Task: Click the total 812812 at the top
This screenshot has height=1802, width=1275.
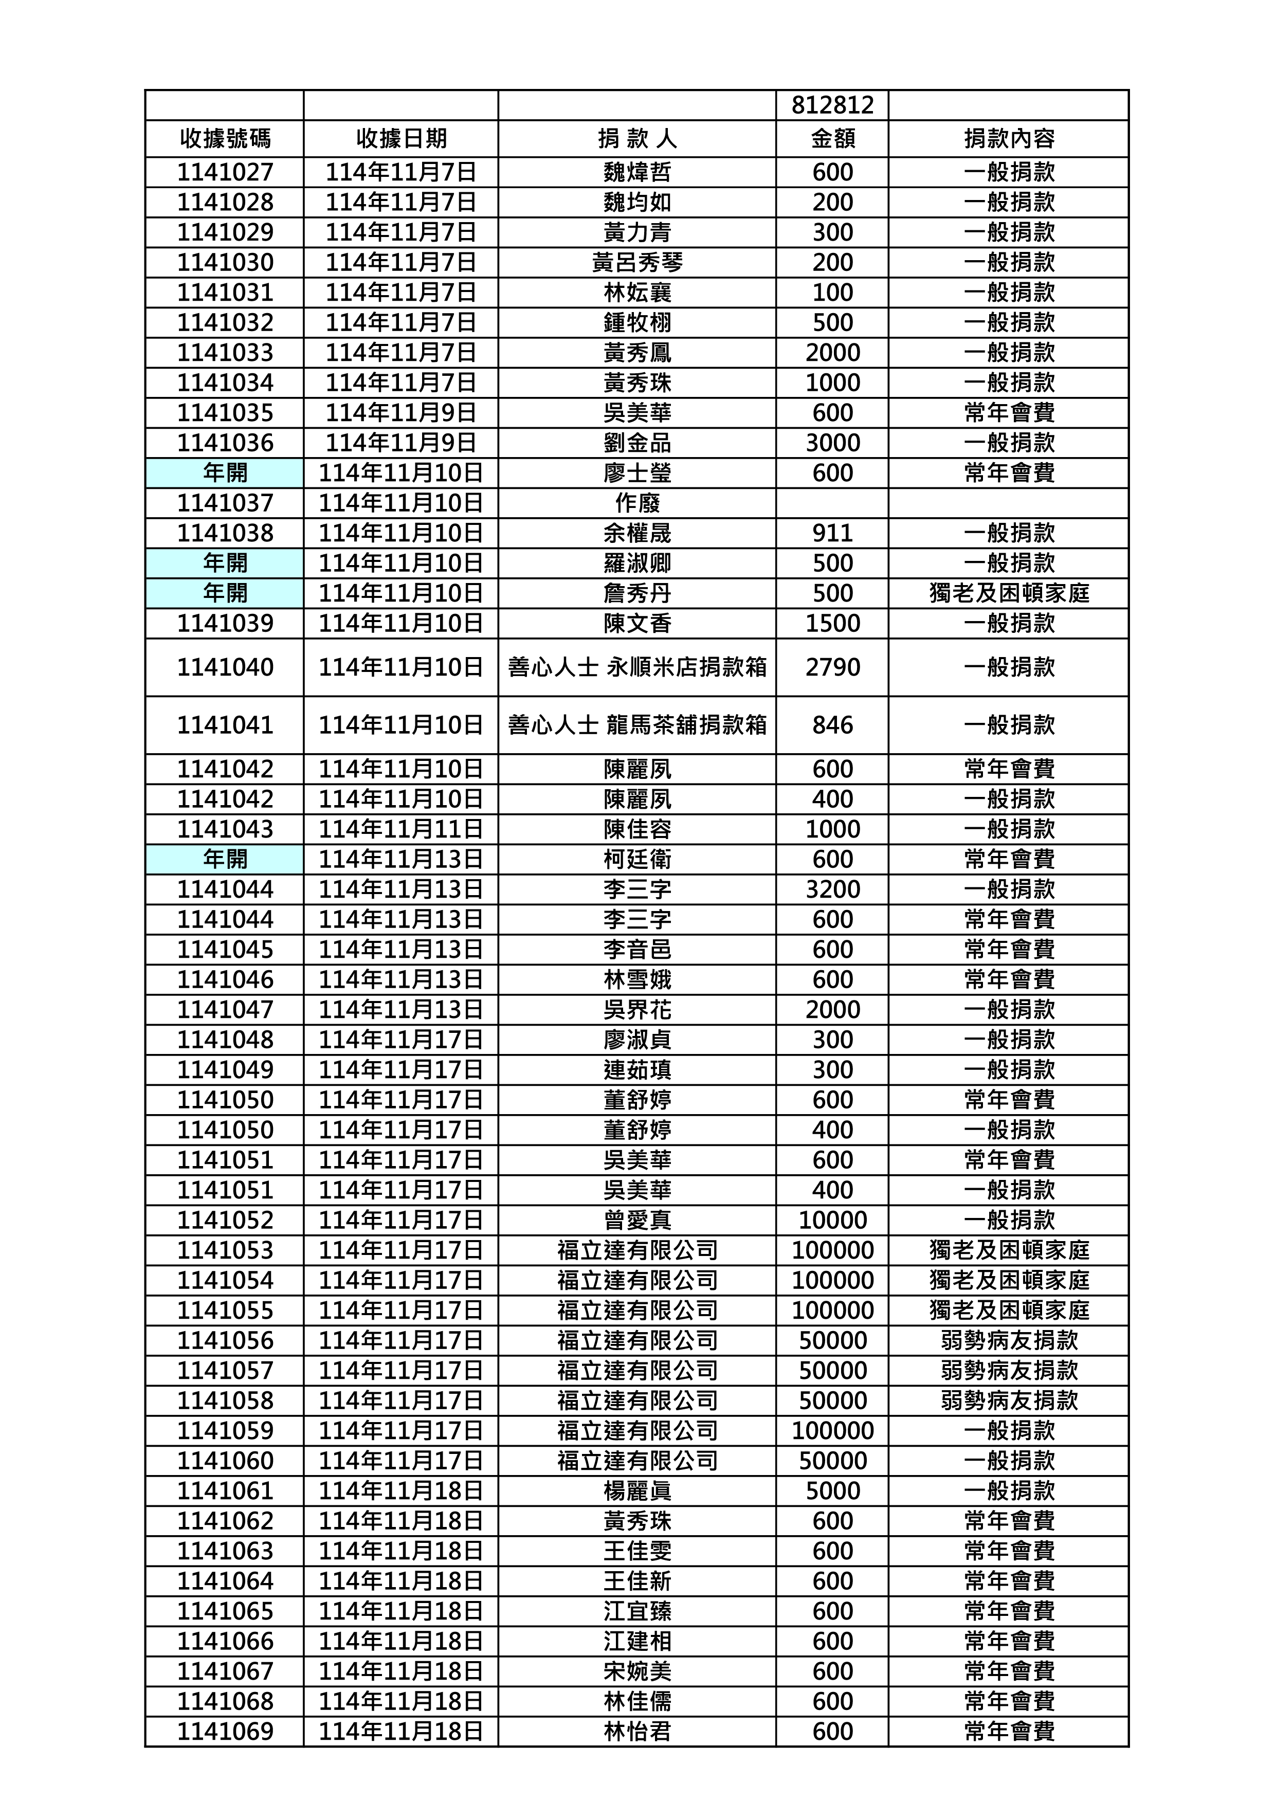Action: click(832, 105)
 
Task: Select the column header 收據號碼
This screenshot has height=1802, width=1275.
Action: click(225, 139)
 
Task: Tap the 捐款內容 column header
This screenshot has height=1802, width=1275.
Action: click(1009, 139)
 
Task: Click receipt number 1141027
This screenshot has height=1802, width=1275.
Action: click(225, 172)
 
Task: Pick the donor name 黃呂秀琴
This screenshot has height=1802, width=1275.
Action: click(636, 262)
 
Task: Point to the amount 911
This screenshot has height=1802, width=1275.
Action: click(832, 533)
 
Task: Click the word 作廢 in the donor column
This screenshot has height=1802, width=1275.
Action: click(636, 503)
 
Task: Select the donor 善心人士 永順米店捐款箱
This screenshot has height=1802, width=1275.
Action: click(636, 667)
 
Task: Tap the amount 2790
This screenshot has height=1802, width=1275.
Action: click(832, 667)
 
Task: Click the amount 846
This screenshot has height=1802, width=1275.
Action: click(832, 725)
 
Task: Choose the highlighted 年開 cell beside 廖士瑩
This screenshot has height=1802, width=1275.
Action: click(225, 472)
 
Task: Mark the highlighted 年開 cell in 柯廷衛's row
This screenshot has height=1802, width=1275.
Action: click(225, 859)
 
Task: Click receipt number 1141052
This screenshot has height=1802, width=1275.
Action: click(225, 1220)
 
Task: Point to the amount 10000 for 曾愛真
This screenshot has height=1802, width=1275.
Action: click(832, 1220)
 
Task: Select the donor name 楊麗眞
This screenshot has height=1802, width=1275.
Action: click(636, 1491)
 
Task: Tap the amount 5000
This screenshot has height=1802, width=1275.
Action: click(832, 1491)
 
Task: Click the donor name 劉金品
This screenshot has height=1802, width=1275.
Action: click(636, 443)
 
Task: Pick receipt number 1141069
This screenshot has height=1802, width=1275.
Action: click(225, 1732)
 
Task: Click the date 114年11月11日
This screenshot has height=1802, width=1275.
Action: click(400, 829)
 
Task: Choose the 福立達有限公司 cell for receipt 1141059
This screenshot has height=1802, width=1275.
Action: click(636, 1431)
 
